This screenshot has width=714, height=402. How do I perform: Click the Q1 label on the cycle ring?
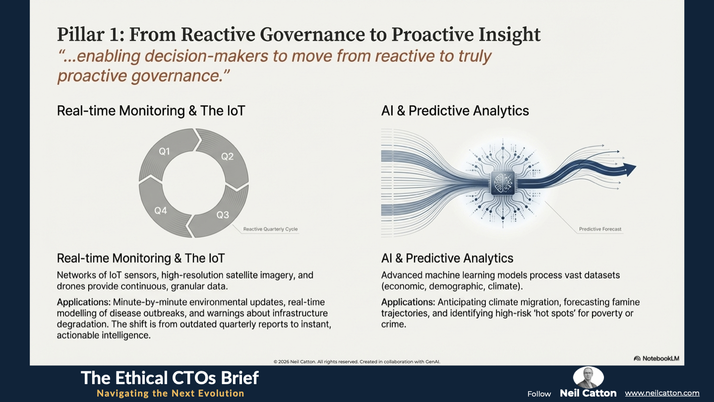coord(165,151)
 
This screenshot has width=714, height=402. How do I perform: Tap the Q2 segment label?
coord(227,156)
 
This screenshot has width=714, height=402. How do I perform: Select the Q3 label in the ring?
coord(223,215)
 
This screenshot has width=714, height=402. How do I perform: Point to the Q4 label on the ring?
coord(161,210)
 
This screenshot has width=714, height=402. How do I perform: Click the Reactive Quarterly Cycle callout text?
coord(270,229)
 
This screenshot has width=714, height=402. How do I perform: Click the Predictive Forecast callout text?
coord(600,229)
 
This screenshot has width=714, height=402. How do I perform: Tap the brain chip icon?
coord(503,183)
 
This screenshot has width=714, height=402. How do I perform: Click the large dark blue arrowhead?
coord(630,169)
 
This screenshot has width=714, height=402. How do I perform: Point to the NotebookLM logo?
coord(656,358)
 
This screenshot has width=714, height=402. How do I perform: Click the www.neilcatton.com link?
coord(662,393)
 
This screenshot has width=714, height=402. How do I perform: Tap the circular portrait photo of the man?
coord(588,377)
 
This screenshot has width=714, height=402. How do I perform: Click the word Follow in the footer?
coord(539,394)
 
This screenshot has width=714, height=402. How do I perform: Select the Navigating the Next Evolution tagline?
coord(171,394)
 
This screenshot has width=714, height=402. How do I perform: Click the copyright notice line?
coord(357,362)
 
